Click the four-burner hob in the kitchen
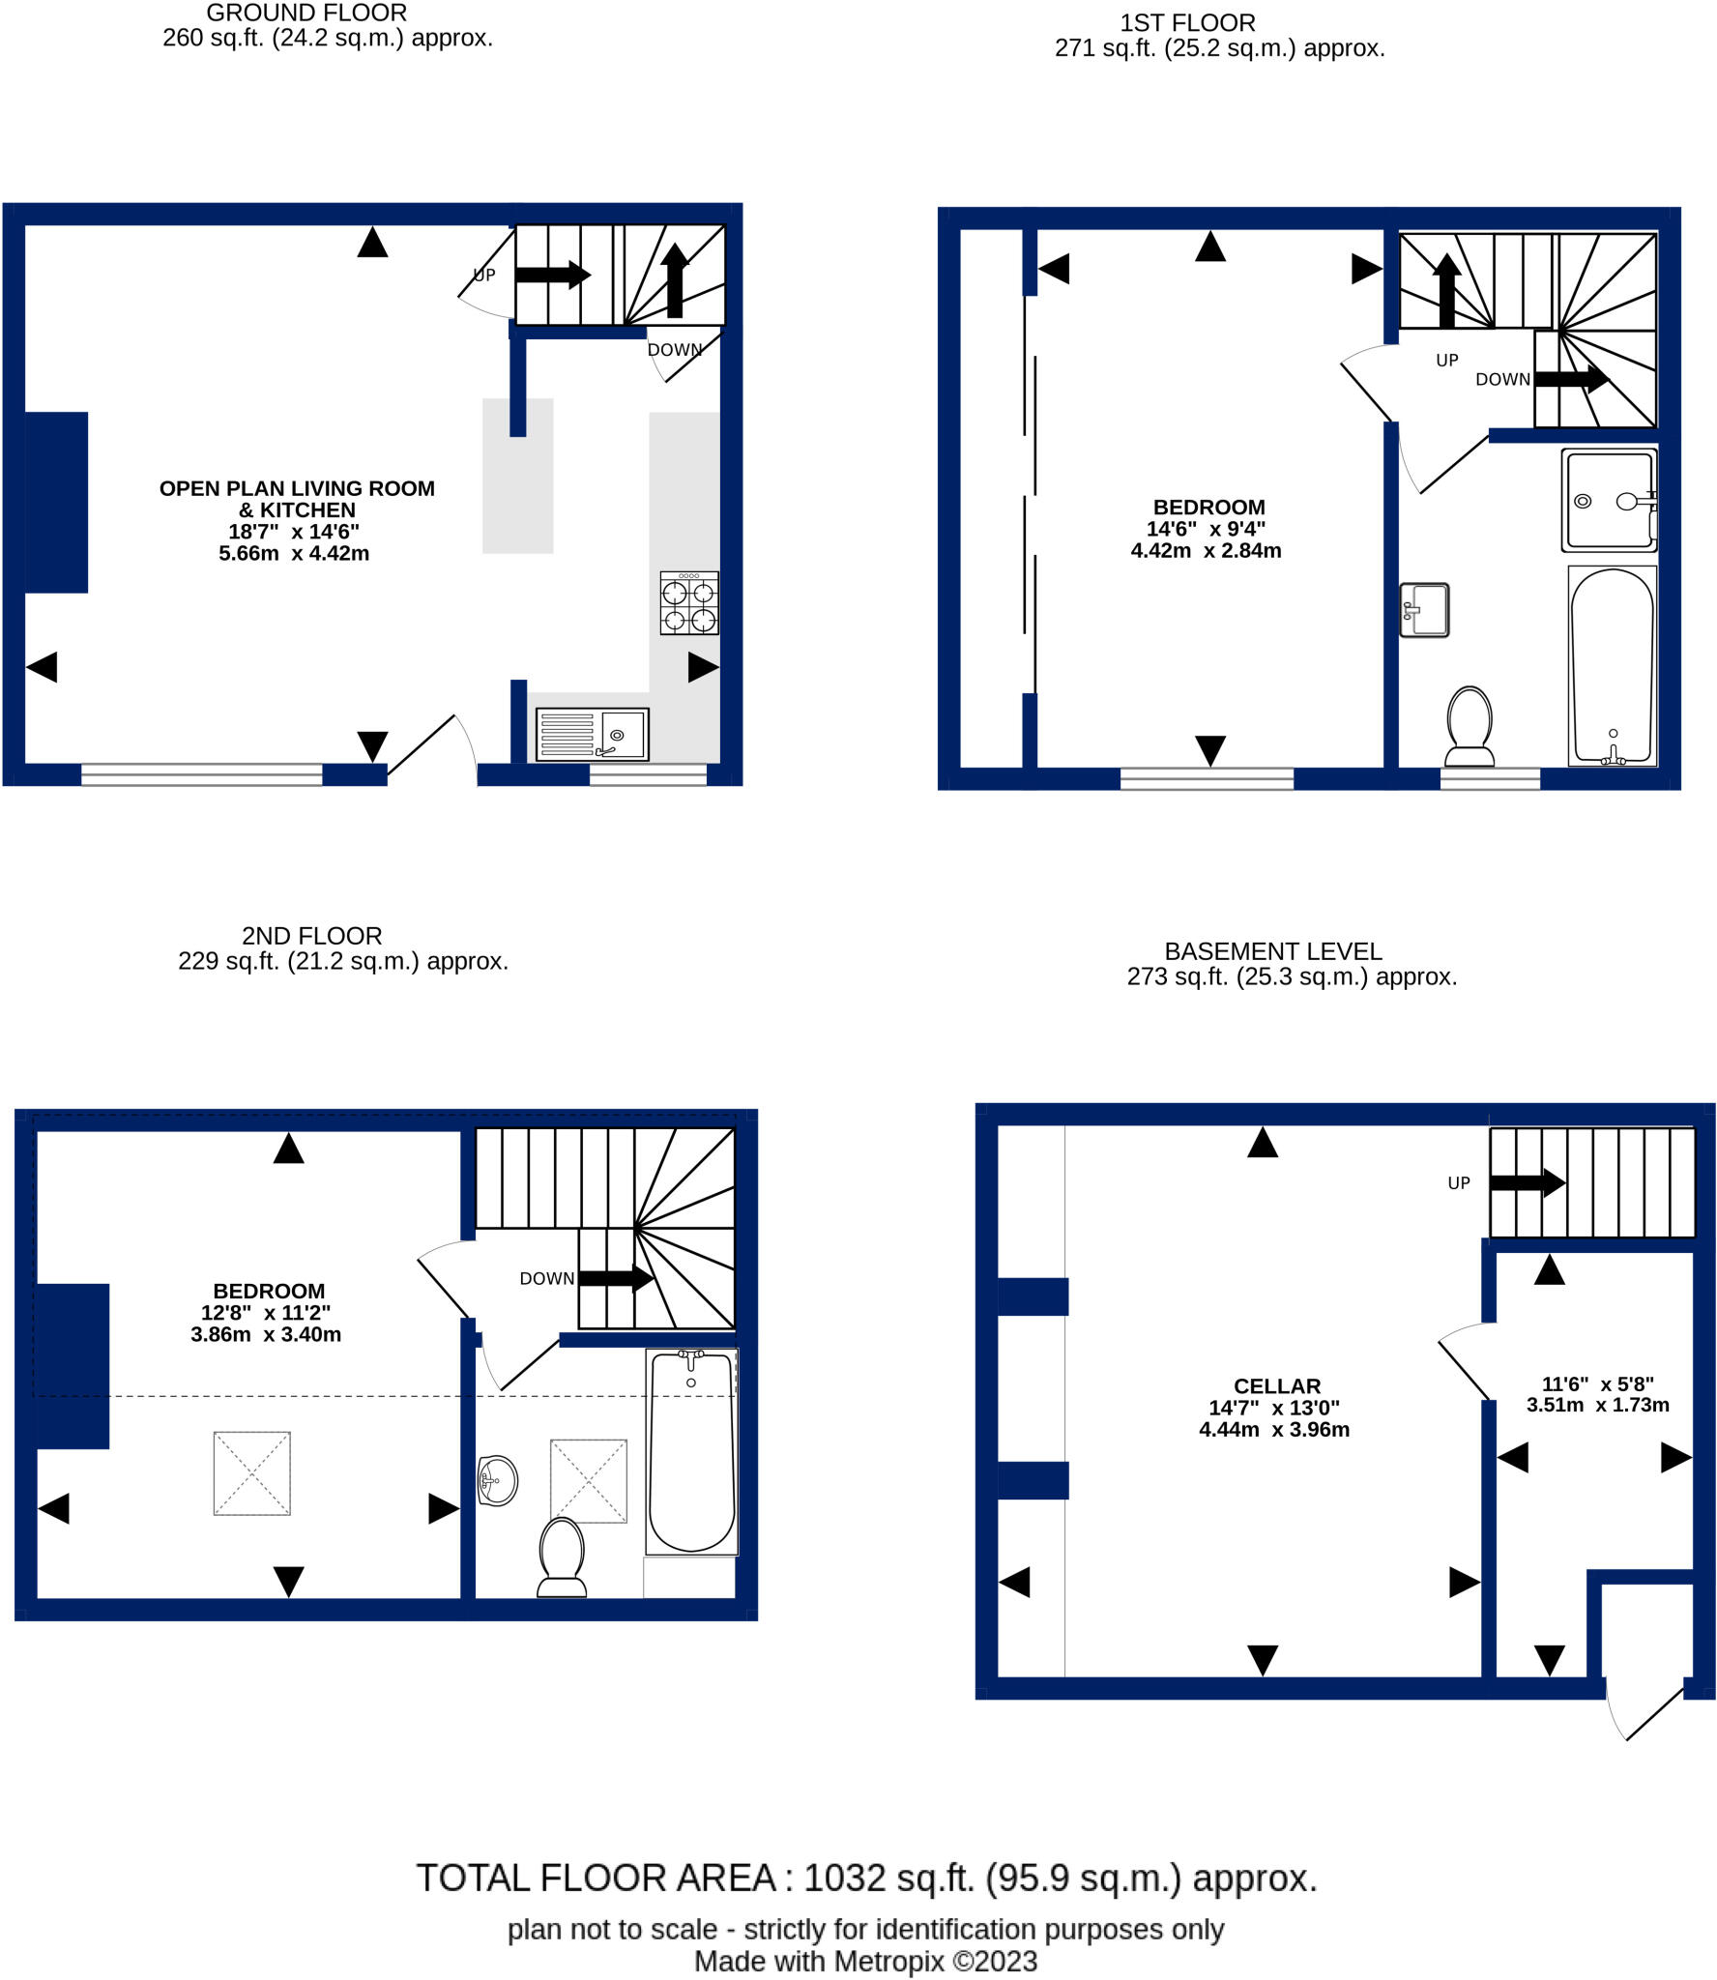click(688, 603)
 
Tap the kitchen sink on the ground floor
click(592, 735)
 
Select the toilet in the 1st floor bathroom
click(1469, 726)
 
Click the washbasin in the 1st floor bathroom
click(1424, 610)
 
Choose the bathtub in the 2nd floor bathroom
click(690, 1450)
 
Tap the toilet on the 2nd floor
click(562, 1557)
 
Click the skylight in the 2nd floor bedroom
click(251, 1472)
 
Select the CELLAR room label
click(1276, 1385)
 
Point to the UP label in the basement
click(1458, 1183)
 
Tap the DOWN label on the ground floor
click(674, 350)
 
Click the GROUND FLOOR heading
click(306, 14)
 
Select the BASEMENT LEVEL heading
click(1272, 951)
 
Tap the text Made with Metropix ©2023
click(865, 1962)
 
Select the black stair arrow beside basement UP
click(1527, 1182)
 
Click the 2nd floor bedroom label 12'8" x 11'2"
click(266, 1312)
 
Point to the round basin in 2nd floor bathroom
click(498, 1480)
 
